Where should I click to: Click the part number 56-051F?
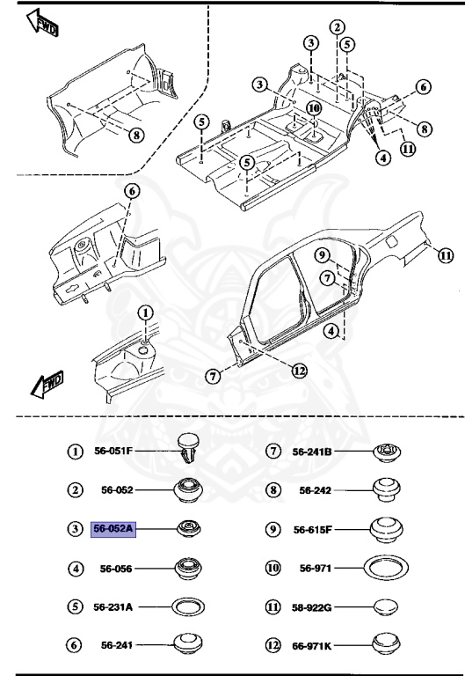click(x=113, y=451)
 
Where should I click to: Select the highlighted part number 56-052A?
click(x=113, y=529)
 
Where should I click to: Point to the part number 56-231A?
click(x=113, y=607)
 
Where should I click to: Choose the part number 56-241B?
click(x=312, y=451)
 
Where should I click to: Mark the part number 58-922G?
click(x=312, y=607)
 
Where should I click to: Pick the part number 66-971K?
click(x=312, y=647)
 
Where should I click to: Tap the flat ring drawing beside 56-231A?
click(x=187, y=607)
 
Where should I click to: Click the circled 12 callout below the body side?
click(x=299, y=370)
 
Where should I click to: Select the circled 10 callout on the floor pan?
click(x=314, y=108)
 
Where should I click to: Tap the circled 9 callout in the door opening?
click(x=323, y=256)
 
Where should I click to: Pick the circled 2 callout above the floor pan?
click(x=338, y=28)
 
